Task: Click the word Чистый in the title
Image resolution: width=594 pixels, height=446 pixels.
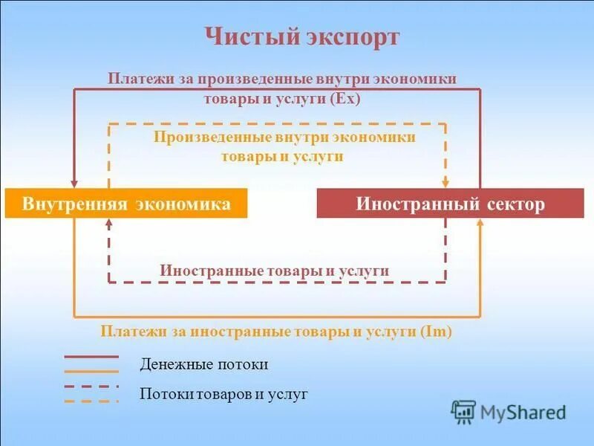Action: [x=241, y=37]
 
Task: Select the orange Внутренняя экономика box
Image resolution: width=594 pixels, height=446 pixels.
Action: [x=126, y=204]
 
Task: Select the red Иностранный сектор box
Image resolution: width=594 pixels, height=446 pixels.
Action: [x=450, y=204]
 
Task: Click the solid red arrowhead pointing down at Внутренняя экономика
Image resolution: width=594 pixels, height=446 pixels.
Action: [x=74, y=182]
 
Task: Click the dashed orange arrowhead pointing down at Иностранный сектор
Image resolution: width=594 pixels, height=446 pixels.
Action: [x=446, y=182]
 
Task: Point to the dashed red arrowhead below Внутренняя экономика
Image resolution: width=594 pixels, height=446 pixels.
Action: [x=109, y=225]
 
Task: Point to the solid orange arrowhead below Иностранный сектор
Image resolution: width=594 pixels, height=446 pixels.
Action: [x=480, y=225]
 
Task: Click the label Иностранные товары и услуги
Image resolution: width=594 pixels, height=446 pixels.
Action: [x=275, y=271]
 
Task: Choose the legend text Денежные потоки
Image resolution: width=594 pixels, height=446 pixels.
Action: [x=203, y=365]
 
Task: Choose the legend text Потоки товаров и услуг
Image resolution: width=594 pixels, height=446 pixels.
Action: [x=223, y=394]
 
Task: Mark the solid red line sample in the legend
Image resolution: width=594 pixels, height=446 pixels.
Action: [x=91, y=357]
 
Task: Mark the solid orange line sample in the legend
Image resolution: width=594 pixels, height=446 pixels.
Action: [x=91, y=370]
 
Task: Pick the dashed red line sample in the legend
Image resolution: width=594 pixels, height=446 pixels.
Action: [x=91, y=387]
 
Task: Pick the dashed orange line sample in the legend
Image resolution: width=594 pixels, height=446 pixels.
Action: [x=91, y=401]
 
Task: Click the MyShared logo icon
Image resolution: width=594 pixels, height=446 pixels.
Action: [x=463, y=412]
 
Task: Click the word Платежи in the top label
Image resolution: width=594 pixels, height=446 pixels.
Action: [x=135, y=79]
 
